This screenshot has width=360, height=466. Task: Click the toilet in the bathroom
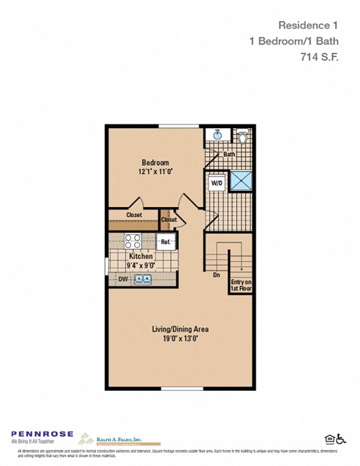[x=242, y=137]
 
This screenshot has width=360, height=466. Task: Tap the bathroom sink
[x=217, y=136]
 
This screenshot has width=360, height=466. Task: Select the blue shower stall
[x=240, y=182]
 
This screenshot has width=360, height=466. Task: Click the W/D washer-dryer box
[x=216, y=182]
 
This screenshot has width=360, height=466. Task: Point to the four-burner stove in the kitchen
[x=133, y=241]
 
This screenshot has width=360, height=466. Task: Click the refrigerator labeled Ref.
[x=166, y=242]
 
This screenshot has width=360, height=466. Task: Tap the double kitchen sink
[x=142, y=279]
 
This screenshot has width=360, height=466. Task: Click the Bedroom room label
[x=155, y=163]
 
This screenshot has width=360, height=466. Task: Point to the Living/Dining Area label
[x=180, y=329]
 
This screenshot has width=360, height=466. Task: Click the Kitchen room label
[x=141, y=256]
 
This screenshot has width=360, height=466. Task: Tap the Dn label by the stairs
[x=215, y=274]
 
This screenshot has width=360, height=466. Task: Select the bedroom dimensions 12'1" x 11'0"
[x=155, y=172]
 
